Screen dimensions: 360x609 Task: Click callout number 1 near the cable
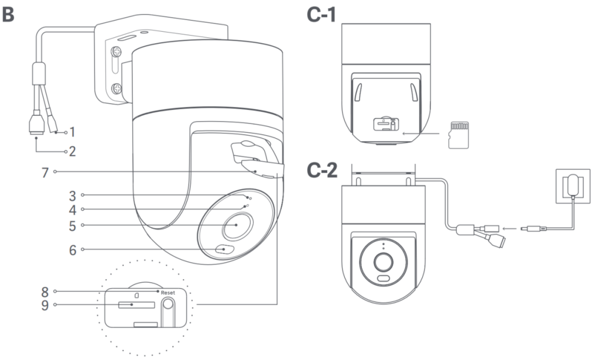pos(72,131)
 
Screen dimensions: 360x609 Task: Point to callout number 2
pos(72,152)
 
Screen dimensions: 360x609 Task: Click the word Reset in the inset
pos(168,292)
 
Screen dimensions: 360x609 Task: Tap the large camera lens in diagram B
pos(237,226)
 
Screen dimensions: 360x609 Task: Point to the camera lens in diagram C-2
pos(384,260)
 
